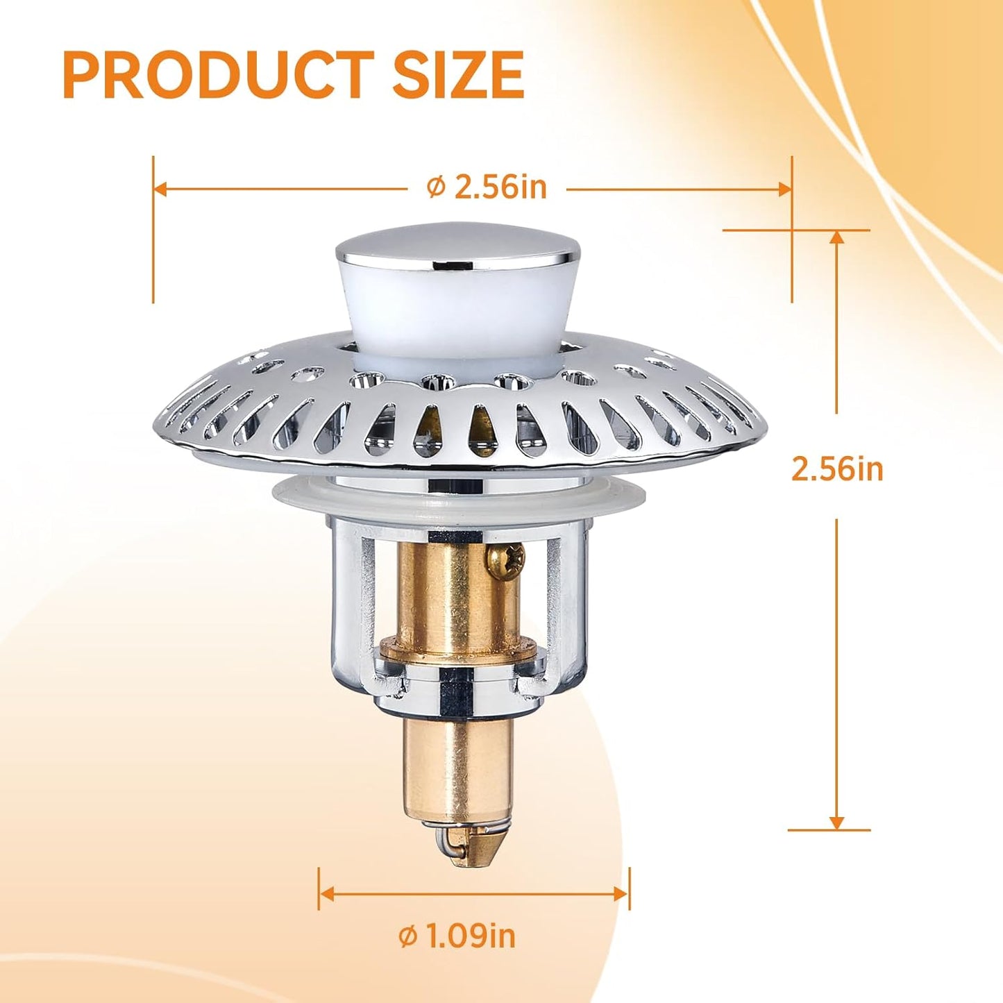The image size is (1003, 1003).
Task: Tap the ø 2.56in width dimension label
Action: [487, 187]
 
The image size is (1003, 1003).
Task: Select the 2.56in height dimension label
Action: [837, 469]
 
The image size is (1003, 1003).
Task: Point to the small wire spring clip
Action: [448, 843]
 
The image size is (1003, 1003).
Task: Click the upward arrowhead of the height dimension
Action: [837, 237]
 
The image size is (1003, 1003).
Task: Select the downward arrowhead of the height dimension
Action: [837, 822]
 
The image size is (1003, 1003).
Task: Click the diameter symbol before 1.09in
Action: [408, 937]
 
